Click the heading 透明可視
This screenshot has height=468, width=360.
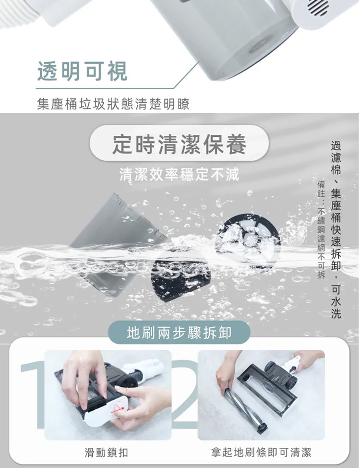click(x=83, y=72)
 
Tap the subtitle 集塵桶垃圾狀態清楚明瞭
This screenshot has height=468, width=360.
click(x=113, y=104)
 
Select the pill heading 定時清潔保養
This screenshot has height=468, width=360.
click(x=180, y=144)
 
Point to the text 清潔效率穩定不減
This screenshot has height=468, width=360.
click(x=180, y=174)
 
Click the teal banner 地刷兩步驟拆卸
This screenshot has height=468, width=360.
click(x=179, y=333)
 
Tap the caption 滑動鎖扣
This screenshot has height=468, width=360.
click(x=106, y=453)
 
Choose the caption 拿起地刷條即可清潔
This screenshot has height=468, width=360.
click(x=261, y=452)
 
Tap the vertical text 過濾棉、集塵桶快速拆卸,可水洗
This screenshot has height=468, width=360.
click(x=336, y=230)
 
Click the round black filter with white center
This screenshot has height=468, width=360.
click(x=248, y=239)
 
